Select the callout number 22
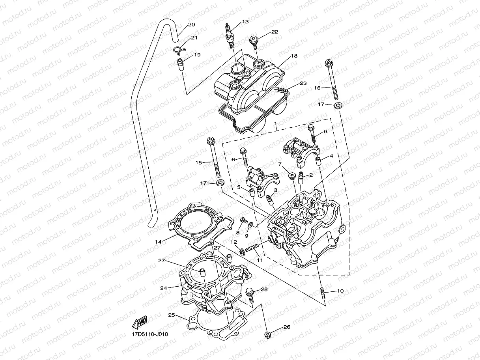(x=275, y=32)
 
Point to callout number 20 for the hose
(x=191, y=25)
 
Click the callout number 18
(x=294, y=56)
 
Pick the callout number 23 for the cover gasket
(x=303, y=84)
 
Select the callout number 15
(x=198, y=162)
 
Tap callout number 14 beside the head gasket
(x=158, y=242)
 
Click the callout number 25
(x=171, y=315)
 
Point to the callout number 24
(x=164, y=288)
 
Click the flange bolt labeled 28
(x=249, y=292)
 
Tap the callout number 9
(x=247, y=236)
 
